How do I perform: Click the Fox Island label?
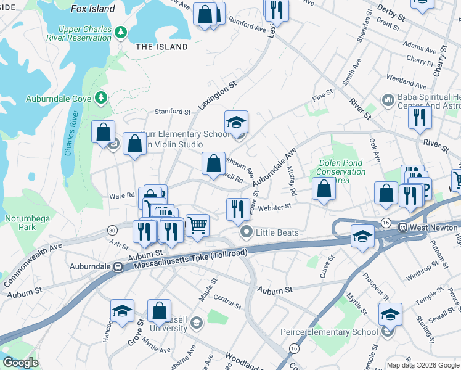(x=93, y=9)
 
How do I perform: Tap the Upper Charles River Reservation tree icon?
(x=121, y=31)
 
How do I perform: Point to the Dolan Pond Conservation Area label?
(x=342, y=171)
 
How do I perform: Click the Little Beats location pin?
(x=247, y=232)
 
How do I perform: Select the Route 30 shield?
(x=112, y=230)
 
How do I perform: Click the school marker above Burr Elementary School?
(x=236, y=122)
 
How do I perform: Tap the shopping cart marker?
(x=197, y=224)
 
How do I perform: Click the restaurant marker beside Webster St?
(x=237, y=208)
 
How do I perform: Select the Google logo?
(x=20, y=363)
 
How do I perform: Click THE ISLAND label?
(x=161, y=47)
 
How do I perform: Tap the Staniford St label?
(x=172, y=112)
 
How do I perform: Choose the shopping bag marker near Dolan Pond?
(x=324, y=189)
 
